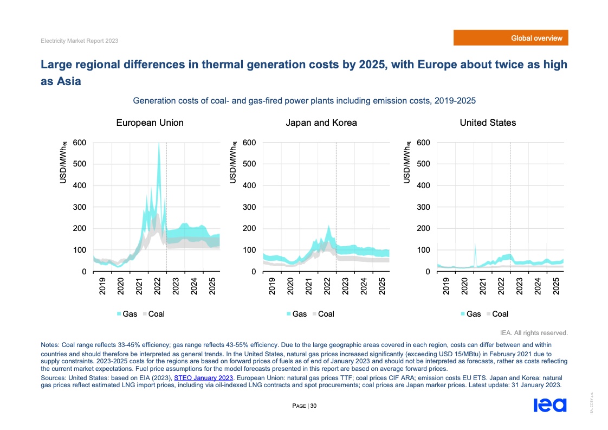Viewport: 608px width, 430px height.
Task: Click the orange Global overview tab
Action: (511, 38)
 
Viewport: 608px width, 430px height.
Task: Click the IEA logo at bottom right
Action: (549, 406)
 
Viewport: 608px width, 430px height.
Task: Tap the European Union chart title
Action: (150, 123)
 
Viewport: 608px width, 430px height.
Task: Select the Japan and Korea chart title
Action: (321, 123)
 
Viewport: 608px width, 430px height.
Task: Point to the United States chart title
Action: (488, 123)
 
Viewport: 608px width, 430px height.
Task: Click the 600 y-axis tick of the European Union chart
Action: (80, 143)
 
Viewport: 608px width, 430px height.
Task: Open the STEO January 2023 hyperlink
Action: (203, 377)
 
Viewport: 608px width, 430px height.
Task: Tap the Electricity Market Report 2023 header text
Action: (80, 41)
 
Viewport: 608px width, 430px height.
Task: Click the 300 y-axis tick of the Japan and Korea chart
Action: (249, 207)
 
